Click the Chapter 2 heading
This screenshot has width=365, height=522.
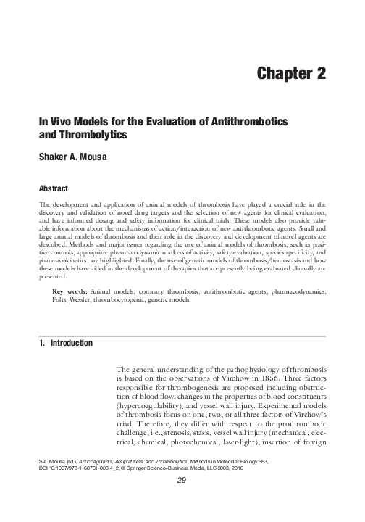[x=292, y=73]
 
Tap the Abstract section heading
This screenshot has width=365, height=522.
[x=55, y=187]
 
